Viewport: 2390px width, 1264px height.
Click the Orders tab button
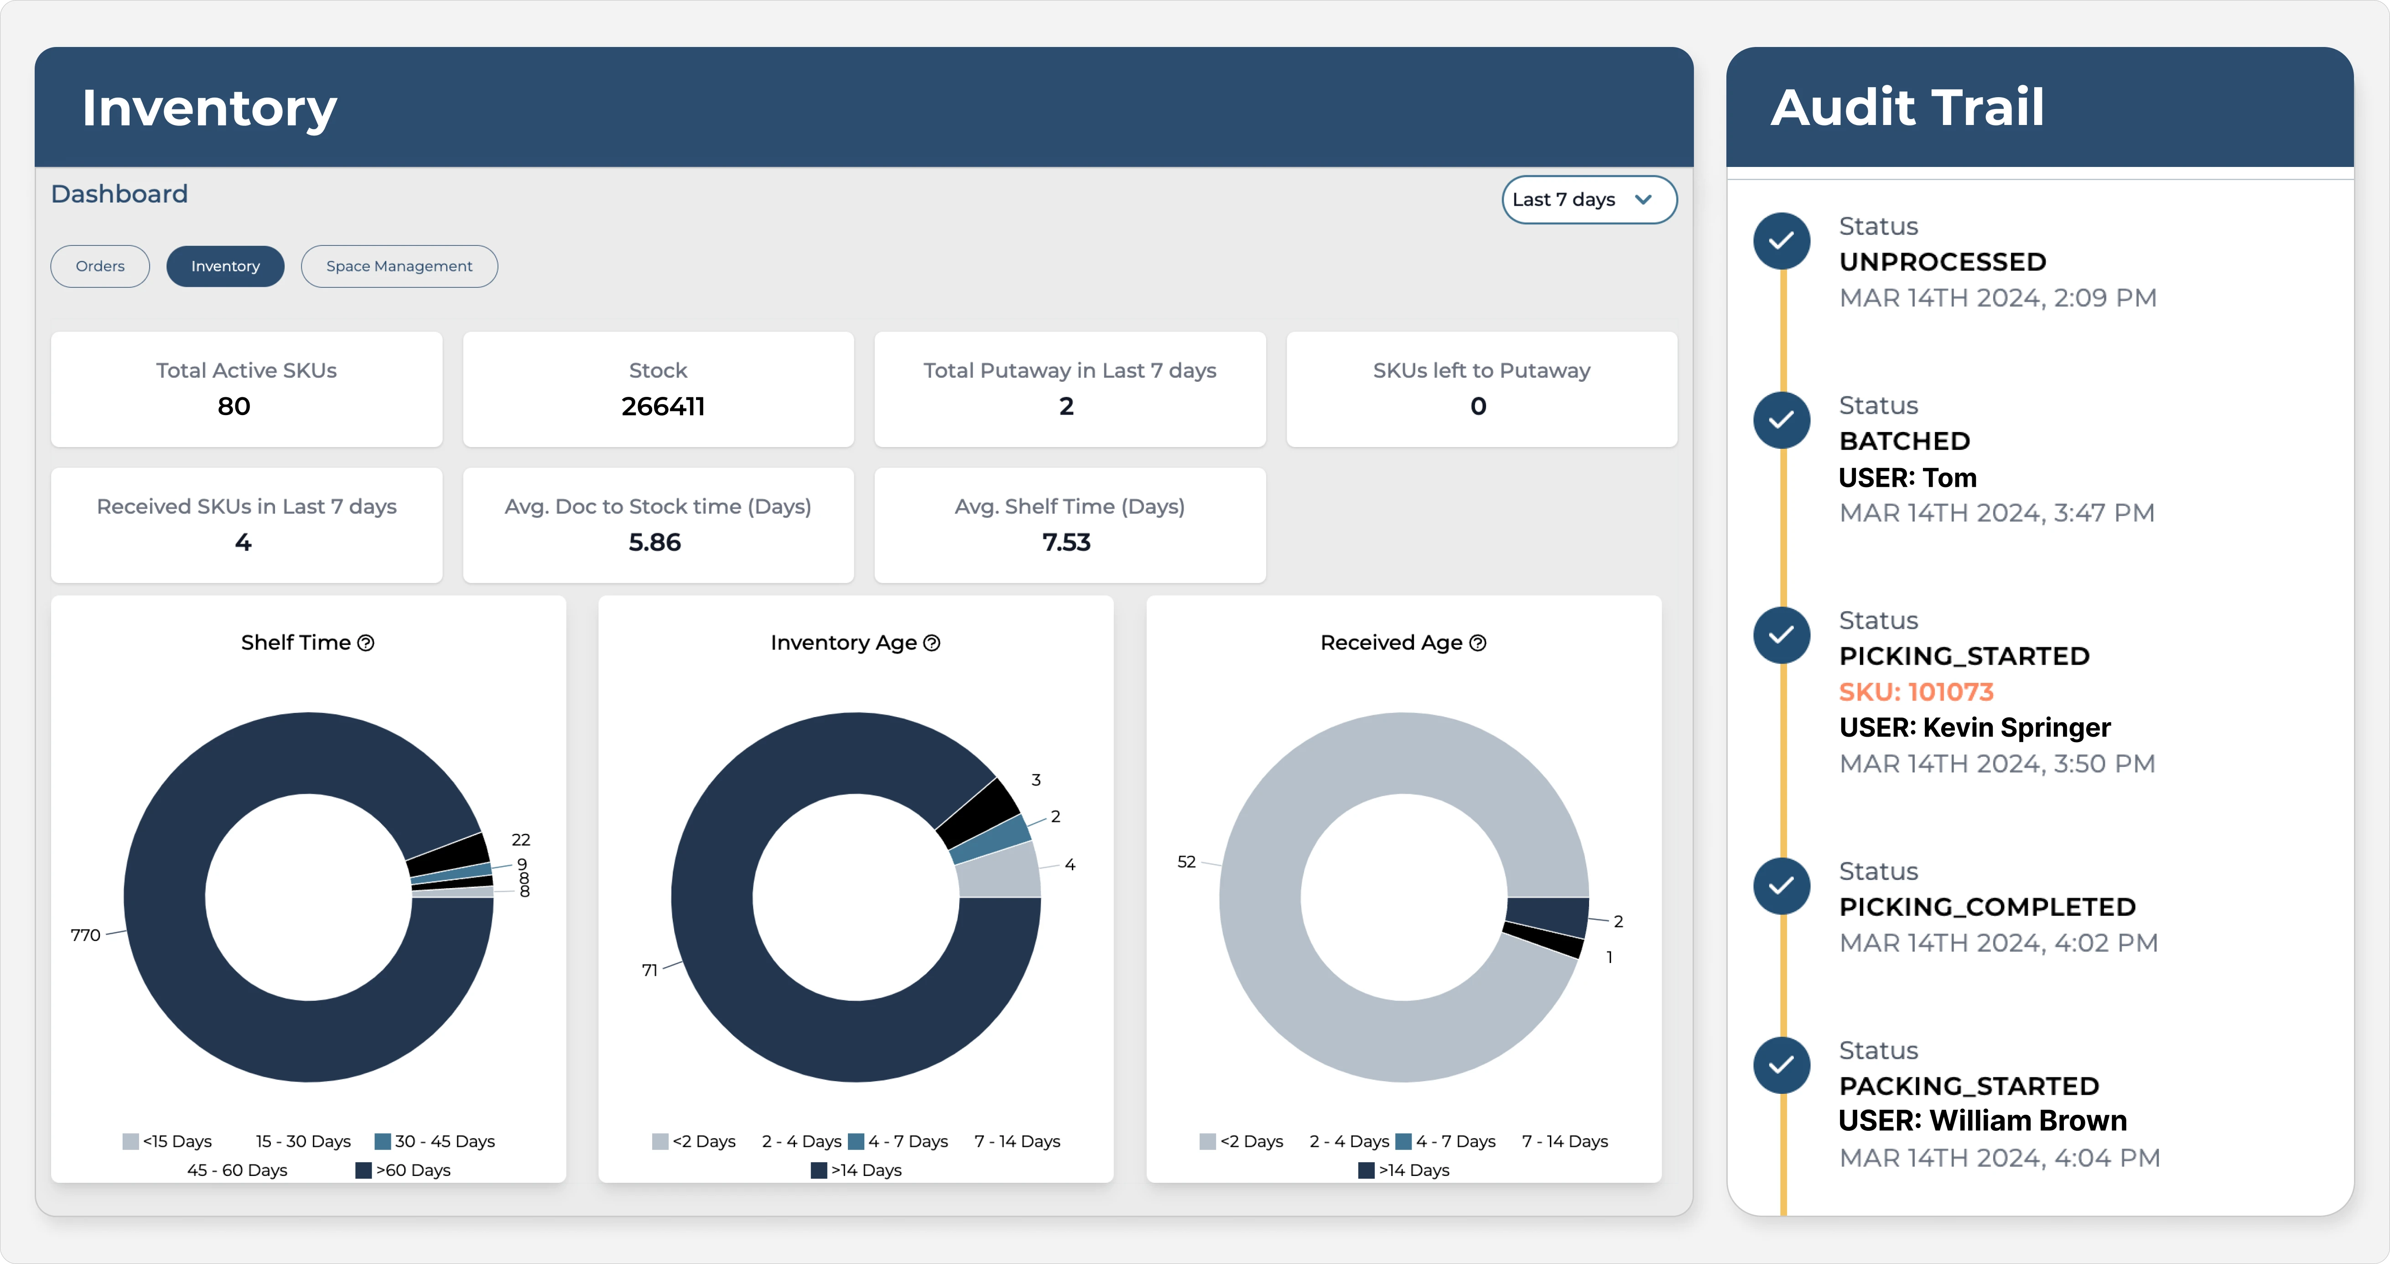(x=100, y=266)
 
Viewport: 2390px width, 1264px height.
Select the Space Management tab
(x=399, y=266)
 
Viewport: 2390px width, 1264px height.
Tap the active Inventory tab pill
(x=225, y=266)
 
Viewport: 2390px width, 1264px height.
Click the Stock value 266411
(x=662, y=406)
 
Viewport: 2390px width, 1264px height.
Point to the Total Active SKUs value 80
(x=234, y=406)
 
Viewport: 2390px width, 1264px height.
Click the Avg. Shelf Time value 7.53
(x=1066, y=542)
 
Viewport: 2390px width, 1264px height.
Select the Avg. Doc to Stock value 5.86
(x=655, y=542)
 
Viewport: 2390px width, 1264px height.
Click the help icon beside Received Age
(x=1478, y=643)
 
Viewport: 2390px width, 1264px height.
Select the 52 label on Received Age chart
(x=1186, y=862)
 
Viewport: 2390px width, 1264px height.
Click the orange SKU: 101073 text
(x=1916, y=692)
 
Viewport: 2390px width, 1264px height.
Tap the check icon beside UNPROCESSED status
(x=1782, y=241)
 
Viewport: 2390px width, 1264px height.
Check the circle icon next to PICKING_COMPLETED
(x=1782, y=885)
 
